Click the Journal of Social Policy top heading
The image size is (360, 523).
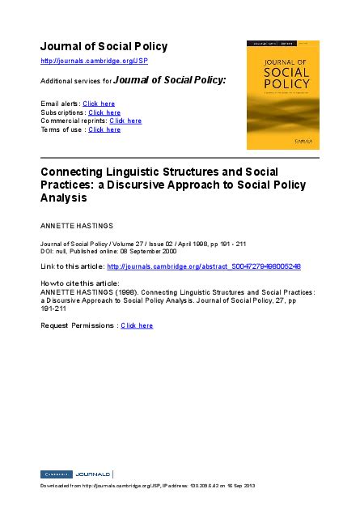pos(104,46)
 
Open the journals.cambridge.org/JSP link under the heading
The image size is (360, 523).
pos(94,62)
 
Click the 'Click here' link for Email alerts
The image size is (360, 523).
pos(99,104)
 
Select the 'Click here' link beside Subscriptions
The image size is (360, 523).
pos(104,113)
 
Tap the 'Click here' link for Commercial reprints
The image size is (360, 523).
pos(125,121)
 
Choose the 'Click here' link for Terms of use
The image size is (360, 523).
pos(104,130)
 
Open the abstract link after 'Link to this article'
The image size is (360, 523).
pos(204,266)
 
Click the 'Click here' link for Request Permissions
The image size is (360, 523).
pos(137,325)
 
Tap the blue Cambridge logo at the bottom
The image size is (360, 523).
pos(56,474)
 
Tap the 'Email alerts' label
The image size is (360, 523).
pos(59,104)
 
